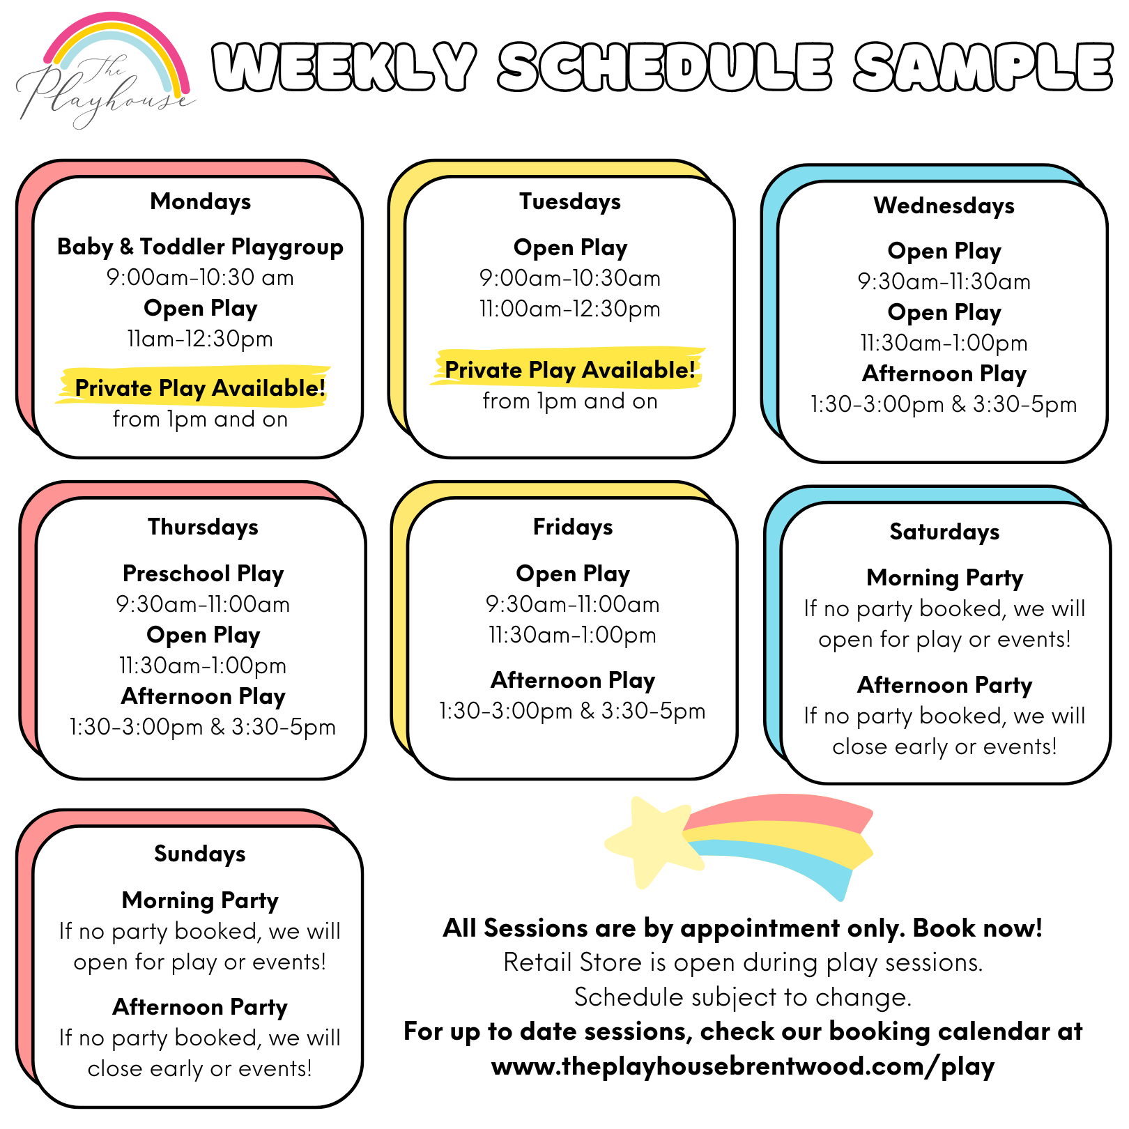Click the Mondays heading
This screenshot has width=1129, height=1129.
click(x=200, y=202)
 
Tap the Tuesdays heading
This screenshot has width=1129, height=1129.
click(x=570, y=202)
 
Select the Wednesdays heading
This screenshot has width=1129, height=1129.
click(x=944, y=206)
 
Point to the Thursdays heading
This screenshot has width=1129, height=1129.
click(x=203, y=528)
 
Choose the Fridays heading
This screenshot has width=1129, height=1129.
click(x=573, y=528)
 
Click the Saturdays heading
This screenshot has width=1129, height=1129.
click(x=944, y=532)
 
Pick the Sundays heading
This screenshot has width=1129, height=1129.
click(x=200, y=854)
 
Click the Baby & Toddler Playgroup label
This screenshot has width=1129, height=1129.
click(x=200, y=247)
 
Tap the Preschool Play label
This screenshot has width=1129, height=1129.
click(x=203, y=574)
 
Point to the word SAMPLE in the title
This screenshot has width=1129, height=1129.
click(x=983, y=68)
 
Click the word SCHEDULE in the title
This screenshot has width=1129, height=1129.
click(x=666, y=68)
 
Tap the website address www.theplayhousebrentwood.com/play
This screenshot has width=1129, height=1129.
click(x=743, y=1067)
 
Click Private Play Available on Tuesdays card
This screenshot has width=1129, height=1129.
click(x=570, y=370)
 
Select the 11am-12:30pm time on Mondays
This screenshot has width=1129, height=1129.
click(x=200, y=339)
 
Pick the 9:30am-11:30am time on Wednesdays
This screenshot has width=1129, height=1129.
click(x=944, y=282)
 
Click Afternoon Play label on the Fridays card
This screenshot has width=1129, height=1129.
click(x=573, y=680)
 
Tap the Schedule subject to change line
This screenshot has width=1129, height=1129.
click(x=743, y=997)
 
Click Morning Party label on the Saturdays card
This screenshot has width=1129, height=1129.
click(x=944, y=578)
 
